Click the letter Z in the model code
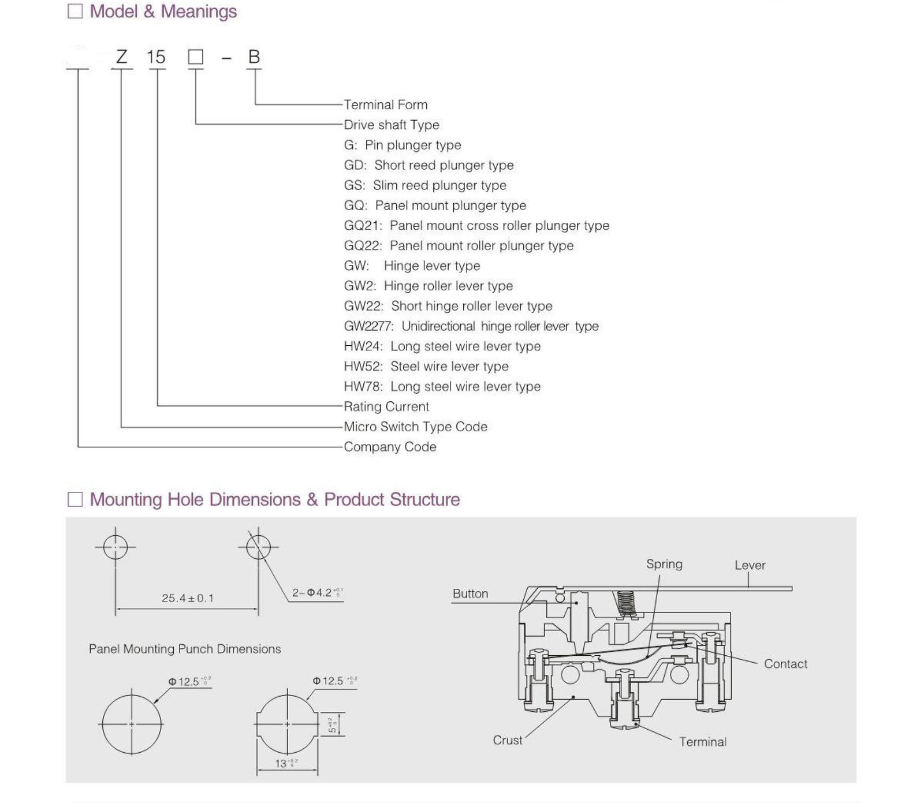point(121,57)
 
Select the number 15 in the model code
point(156,57)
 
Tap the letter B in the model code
point(254,57)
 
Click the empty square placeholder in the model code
point(196,57)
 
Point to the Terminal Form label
point(386,104)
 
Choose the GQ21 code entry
point(363,226)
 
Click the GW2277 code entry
point(368,326)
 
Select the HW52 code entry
point(363,367)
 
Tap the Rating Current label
point(386,406)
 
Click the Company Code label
point(390,447)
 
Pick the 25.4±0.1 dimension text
point(188,598)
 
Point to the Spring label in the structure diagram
point(664,564)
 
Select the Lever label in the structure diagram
point(750,565)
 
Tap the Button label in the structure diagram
point(470,593)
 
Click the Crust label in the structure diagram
point(507,740)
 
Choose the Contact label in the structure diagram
point(785,664)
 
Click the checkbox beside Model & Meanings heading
point(75,11)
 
